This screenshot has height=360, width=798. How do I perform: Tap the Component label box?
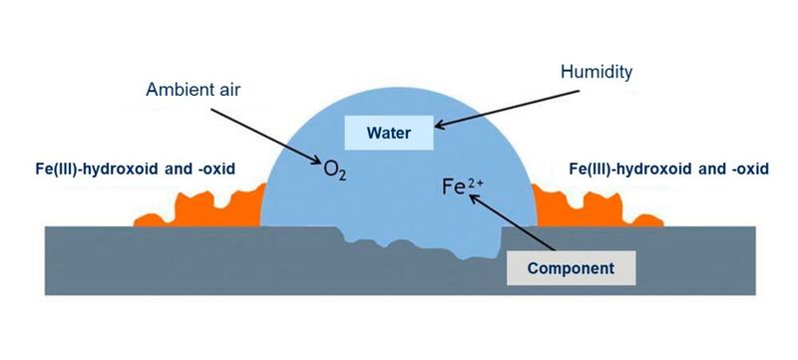pos(569,268)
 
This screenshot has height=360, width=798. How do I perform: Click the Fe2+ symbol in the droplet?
pos(451,185)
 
